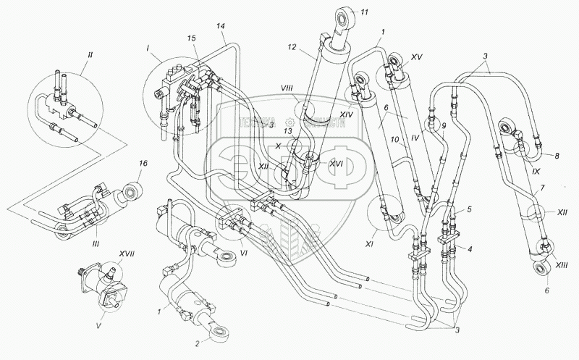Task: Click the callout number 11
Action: [x=365, y=12]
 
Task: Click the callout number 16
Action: [x=143, y=164]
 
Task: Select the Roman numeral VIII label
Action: [x=287, y=88]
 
